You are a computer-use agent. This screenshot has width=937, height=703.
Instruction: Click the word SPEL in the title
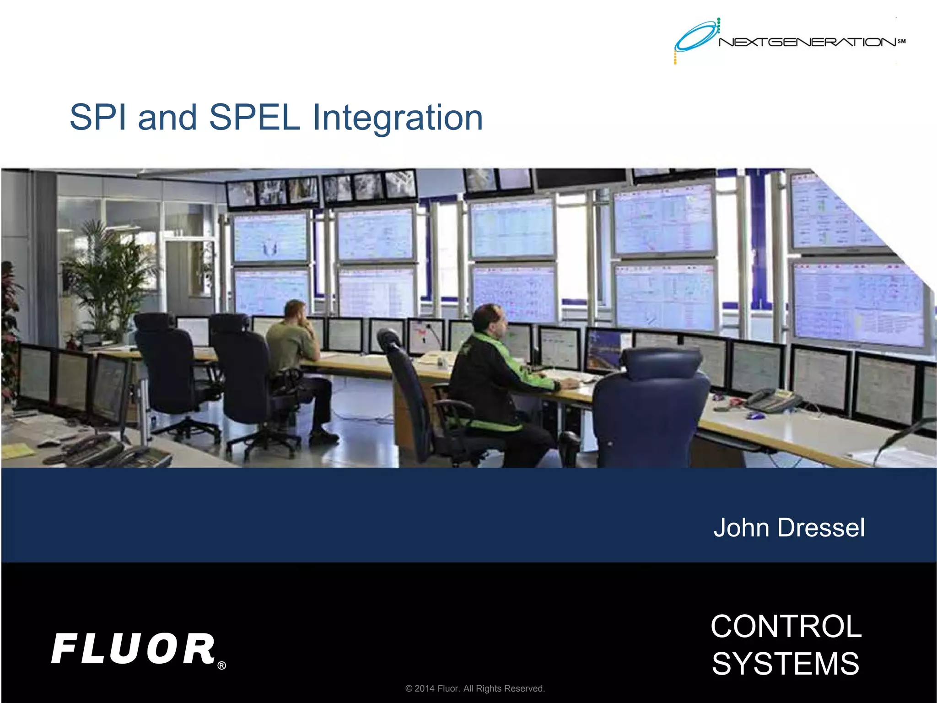(x=254, y=118)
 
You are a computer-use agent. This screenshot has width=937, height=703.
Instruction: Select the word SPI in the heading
(x=98, y=118)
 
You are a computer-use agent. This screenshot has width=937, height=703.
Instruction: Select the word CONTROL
(x=786, y=626)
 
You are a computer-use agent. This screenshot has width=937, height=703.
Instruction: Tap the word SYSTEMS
(x=786, y=664)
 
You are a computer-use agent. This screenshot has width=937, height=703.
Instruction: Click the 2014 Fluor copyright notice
(x=475, y=688)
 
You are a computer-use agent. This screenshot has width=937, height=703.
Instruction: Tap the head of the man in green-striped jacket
(x=490, y=319)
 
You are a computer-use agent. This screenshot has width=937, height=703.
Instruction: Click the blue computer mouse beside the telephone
(x=756, y=416)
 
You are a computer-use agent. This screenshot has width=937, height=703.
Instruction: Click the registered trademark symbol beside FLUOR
(x=221, y=665)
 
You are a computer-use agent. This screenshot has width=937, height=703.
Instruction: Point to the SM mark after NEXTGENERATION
(x=901, y=41)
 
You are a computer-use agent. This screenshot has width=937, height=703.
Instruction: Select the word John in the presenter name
(x=741, y=528)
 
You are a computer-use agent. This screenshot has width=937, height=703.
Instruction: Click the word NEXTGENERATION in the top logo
(x=808, y=43)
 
